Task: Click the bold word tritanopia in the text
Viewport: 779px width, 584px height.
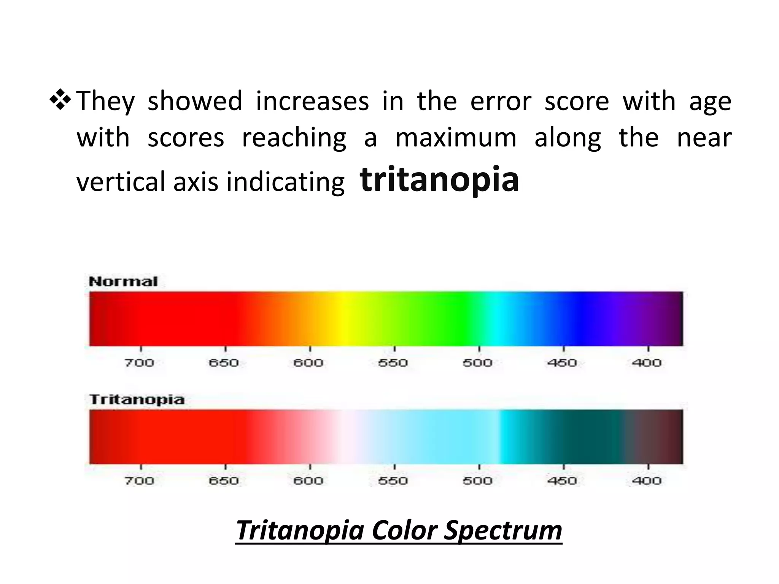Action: click(x=439, y=179)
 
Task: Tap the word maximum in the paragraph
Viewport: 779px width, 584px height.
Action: click(x=456, y=138)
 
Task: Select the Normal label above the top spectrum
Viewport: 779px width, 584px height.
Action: click(x=123, y=282)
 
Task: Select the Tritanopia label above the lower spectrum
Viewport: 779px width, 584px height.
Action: click(x=137, y=400)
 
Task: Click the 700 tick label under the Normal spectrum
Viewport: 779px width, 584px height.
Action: click(x=139, y=363)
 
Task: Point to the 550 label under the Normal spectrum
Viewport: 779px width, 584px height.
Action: click(x=393, y=363)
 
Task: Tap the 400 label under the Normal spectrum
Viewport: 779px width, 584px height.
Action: click(x=647, y=363)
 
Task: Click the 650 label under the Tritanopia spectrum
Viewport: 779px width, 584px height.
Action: click(x=224, y=481)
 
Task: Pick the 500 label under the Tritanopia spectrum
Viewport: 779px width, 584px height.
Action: click(x=477, y=481)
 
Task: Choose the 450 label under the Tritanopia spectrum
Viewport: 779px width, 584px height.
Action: click(x=562, y=481)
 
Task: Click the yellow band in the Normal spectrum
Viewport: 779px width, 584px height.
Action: click(x=344, y=319)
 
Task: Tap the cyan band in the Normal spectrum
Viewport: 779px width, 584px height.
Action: click(x=496, y=319)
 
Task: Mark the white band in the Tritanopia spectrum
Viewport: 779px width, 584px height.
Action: click(x=348, y=436)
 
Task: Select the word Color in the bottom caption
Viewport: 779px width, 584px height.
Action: click(x=404, y=530)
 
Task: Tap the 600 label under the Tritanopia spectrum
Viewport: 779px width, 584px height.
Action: click(x=308, y=481)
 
